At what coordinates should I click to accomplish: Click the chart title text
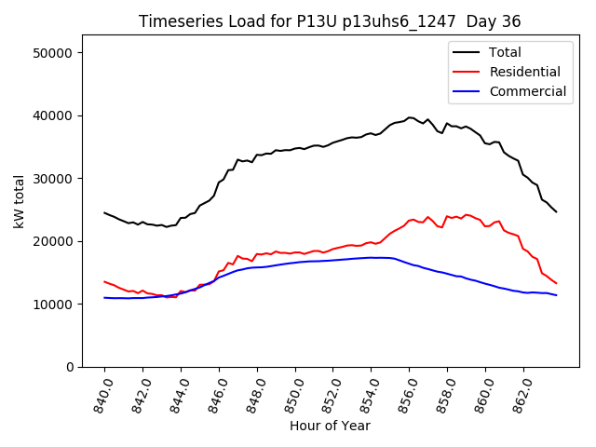(330, 21)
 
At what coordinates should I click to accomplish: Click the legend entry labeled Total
(505, 52)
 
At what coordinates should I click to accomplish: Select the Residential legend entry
(524, 72)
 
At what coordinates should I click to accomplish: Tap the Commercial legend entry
(527, 91)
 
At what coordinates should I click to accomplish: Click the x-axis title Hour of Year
(330, 426)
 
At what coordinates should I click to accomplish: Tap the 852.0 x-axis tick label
(329, 393)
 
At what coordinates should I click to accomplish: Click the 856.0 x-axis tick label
(405, 393)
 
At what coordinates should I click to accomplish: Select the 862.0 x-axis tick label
(520, 393)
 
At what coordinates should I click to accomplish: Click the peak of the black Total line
(410, 117)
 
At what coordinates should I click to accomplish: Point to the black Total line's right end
(556, 211)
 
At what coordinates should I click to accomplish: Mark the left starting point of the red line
(104, 281)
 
